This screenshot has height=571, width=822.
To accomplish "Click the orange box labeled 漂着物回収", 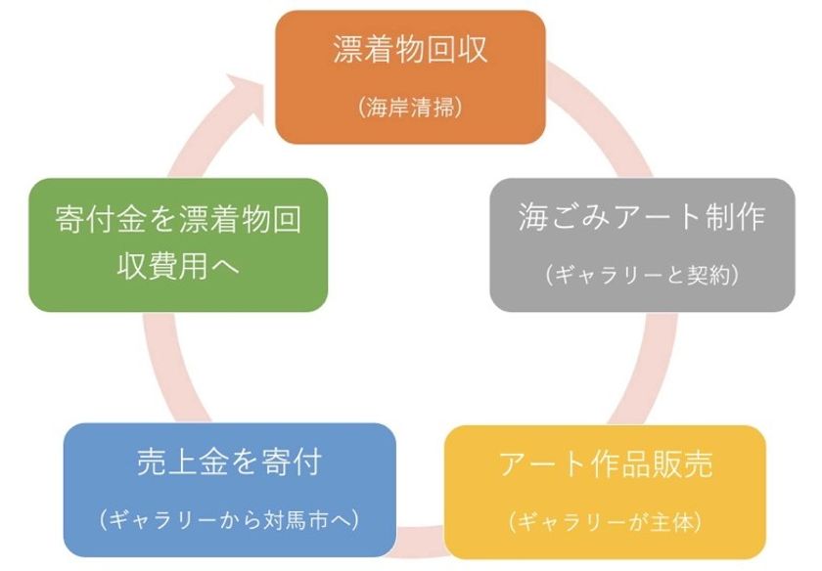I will coord(409,76).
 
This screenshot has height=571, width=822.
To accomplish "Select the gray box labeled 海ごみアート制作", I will coord(642,244).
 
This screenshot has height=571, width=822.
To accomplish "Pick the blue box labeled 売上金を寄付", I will coord(229,490).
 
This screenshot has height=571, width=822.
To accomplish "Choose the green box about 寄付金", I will coord(177,244).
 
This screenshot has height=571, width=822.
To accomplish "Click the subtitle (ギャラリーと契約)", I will coord(642,275).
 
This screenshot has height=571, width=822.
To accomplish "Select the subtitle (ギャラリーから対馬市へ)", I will coord(229,520).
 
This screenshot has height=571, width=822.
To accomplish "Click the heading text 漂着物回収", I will coord(410,51).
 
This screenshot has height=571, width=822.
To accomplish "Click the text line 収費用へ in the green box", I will coord(137,266).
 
